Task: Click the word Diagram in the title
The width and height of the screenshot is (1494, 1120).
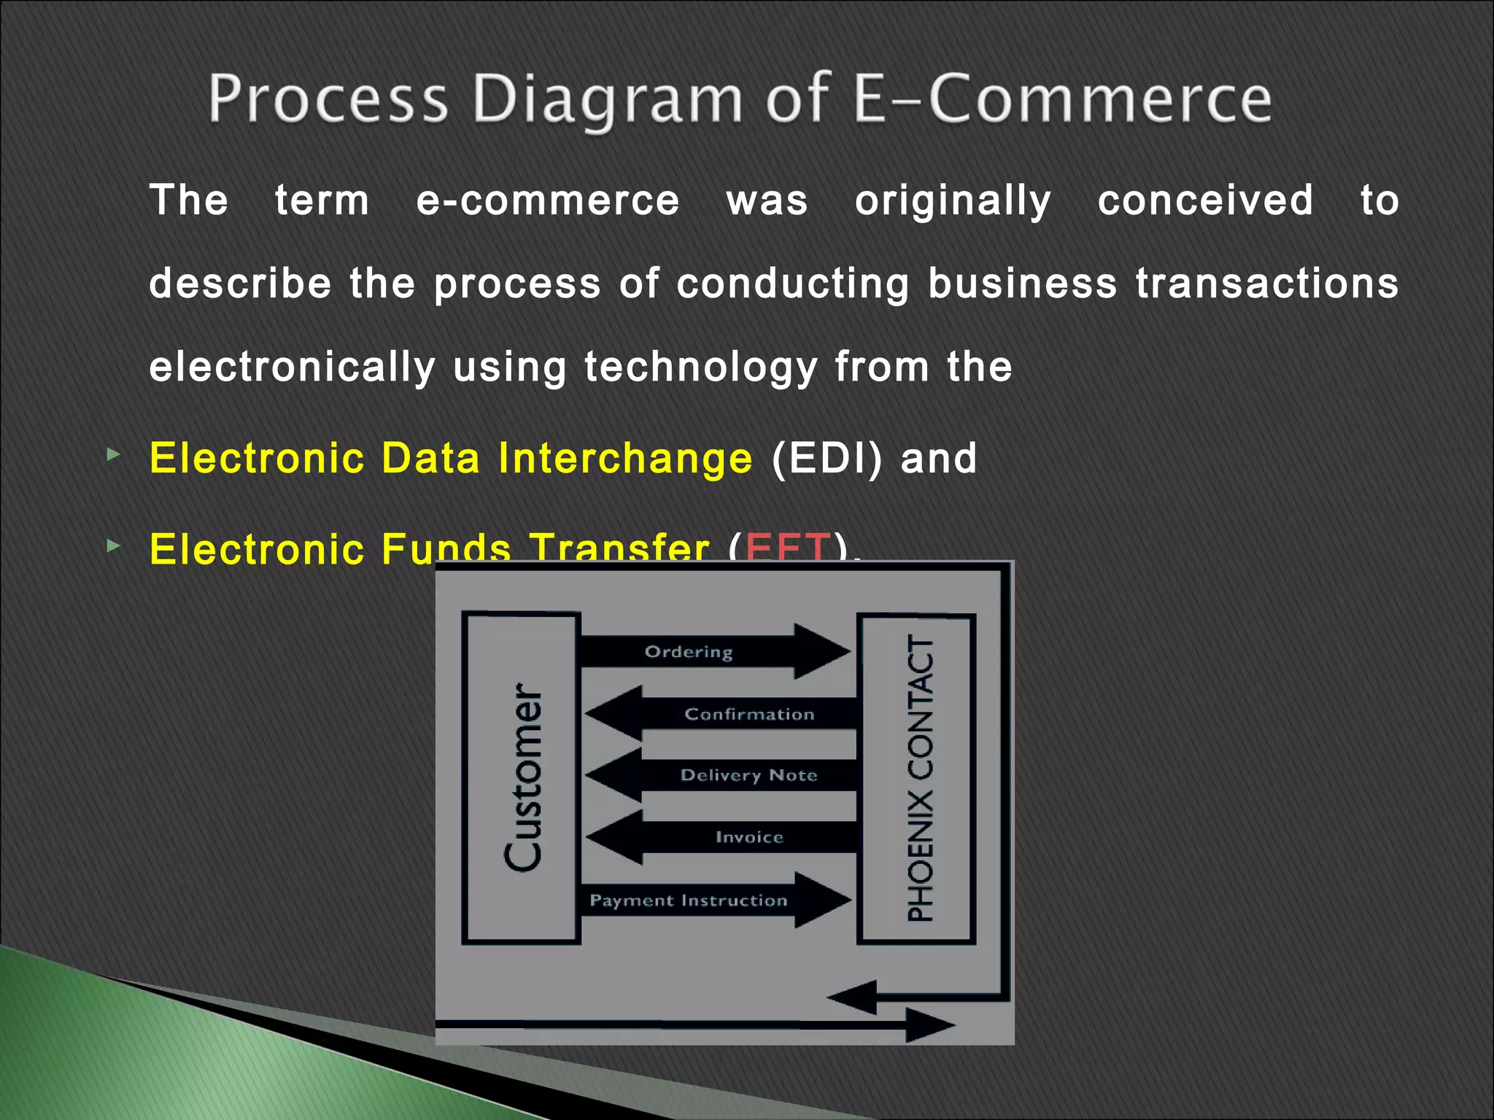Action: coord(607,100)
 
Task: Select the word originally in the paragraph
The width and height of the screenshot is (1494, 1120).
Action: coord(953,201)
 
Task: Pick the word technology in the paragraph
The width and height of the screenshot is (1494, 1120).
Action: coord(700,367)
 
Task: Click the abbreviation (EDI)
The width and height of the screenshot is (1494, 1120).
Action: coord(827,458)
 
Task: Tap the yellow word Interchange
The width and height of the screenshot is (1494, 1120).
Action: coord(624,458)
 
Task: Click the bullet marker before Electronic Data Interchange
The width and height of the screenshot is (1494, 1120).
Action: coord(113,455)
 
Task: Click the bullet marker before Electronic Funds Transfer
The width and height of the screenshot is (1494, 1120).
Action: coord(113,545)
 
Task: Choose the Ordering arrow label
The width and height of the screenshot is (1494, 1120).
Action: coord(688,652)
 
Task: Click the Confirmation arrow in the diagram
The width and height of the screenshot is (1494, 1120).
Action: coord(749,714)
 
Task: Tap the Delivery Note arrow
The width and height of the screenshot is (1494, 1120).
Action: coord(748,775)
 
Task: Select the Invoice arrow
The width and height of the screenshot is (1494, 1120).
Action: coord(749,837)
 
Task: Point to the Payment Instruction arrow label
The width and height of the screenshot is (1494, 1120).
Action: coord(688,901)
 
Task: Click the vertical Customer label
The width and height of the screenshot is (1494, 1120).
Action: coord(523,777)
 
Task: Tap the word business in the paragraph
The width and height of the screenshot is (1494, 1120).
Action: coord(1022,283)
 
